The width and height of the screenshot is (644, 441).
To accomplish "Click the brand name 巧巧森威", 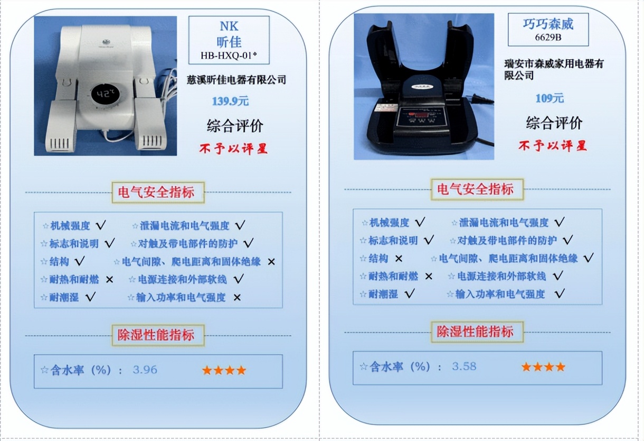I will (x=548, y=24).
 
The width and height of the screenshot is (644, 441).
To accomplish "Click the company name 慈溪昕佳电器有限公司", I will (x=236, y=80).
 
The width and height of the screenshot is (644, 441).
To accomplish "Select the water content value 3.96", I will (x=145, y=370).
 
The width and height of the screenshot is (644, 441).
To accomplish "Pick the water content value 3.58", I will (x=464, y=366).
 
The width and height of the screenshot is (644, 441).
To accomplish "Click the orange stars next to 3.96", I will (x=224, y=370).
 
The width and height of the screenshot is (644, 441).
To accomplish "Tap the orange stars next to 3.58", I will (x=543, y=366).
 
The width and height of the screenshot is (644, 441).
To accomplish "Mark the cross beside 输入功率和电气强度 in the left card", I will (x=237, y=298).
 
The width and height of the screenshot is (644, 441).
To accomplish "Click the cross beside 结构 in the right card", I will (x=399, y=259).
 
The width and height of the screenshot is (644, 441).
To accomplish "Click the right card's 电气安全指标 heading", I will (x=477, y=189).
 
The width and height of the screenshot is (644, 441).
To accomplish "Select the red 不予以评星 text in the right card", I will (x=553, y=145).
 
